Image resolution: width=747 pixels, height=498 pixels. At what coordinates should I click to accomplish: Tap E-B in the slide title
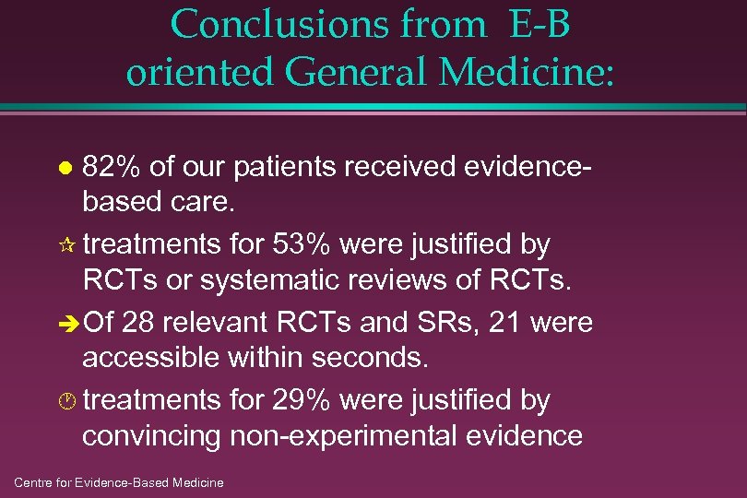point(538,25)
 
